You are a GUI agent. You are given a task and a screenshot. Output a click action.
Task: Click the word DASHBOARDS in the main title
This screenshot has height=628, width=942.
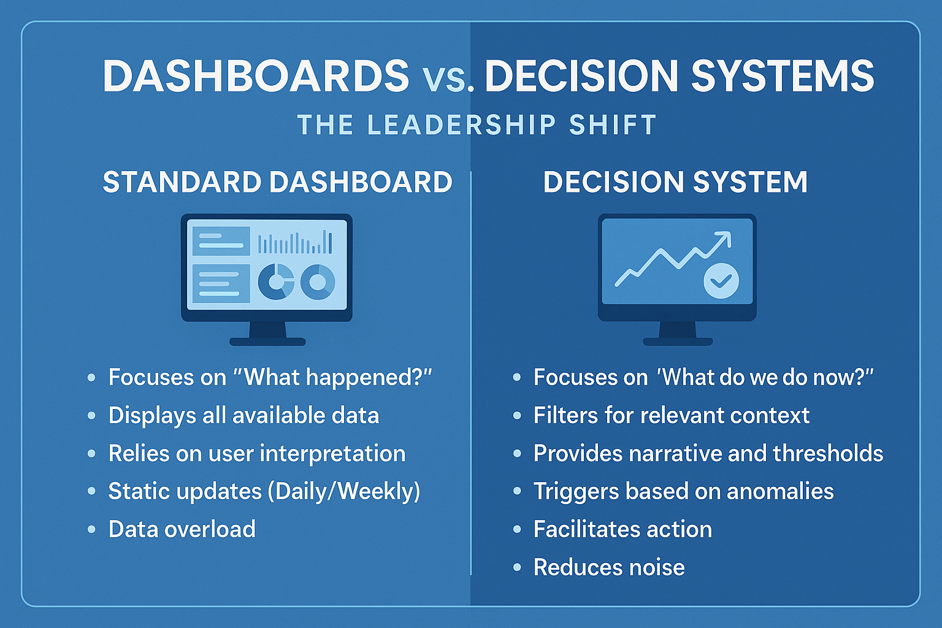click(256, 76)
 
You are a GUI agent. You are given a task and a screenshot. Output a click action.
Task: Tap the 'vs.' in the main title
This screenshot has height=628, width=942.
click(448, 78)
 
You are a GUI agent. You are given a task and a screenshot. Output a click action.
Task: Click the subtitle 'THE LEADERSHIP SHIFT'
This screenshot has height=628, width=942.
click(477, 125)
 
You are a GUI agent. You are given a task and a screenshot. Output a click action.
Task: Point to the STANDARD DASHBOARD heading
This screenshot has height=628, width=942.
click(277, 182)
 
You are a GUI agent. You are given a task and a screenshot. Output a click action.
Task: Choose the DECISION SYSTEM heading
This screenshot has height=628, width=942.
click(675, 182)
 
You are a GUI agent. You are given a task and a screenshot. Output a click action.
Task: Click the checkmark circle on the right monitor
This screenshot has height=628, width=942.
click(721, 281)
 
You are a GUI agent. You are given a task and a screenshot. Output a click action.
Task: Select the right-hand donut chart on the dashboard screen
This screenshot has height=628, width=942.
click(317, 282)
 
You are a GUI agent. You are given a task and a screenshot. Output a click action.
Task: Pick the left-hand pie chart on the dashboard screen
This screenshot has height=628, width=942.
click(276, 282)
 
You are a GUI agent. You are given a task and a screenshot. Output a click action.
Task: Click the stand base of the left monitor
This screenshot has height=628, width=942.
click(267, 341)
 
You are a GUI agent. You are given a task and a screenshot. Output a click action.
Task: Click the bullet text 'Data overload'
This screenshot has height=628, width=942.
click(182, 529)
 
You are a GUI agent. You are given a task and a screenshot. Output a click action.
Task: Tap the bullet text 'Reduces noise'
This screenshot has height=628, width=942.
click(609, 567)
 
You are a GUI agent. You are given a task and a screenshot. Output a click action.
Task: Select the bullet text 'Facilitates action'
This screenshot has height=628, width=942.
click(622, 529)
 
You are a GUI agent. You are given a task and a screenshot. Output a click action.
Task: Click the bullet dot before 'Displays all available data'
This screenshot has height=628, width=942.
click(91, 416)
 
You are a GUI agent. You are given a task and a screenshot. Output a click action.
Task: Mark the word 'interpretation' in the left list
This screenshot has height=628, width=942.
click(332, 454)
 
